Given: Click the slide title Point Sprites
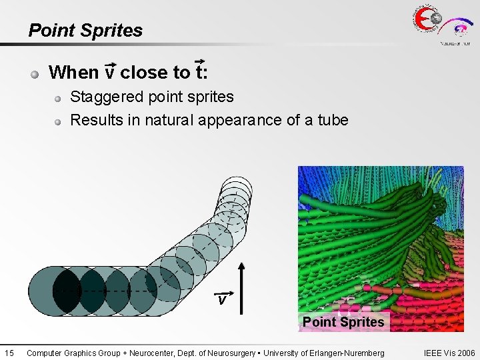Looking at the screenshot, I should pos(85,31).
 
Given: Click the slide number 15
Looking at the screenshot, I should pos(9,353).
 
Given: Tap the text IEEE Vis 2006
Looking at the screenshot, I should pos(449,353).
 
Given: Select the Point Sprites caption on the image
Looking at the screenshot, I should pos(343,322).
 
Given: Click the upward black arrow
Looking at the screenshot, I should pos(241,287).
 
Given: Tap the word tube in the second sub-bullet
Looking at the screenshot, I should pos(333,120).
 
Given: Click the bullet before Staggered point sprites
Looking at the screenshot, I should pos(59,99).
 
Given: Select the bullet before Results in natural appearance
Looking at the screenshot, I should pos(59,121).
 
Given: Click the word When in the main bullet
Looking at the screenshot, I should pos(73,71).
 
